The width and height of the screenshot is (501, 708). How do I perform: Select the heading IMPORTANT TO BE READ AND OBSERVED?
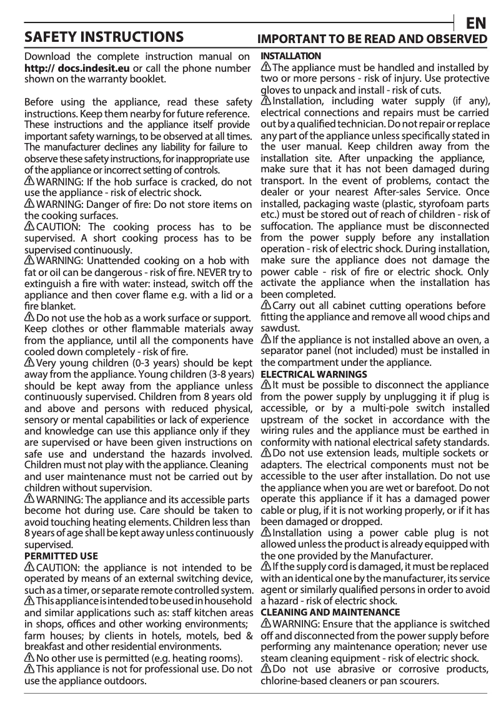coord(373,39)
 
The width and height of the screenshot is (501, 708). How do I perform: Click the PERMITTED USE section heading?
coord(61,555)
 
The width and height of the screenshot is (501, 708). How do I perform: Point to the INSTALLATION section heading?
coord(290,56)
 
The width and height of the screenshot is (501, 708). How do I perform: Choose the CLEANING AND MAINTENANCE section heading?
coord(330,612)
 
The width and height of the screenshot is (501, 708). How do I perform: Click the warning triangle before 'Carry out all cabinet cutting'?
coord(265,305)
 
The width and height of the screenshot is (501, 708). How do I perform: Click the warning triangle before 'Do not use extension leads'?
coord(265,453)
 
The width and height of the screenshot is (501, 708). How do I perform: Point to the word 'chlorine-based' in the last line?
coord(293,681)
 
